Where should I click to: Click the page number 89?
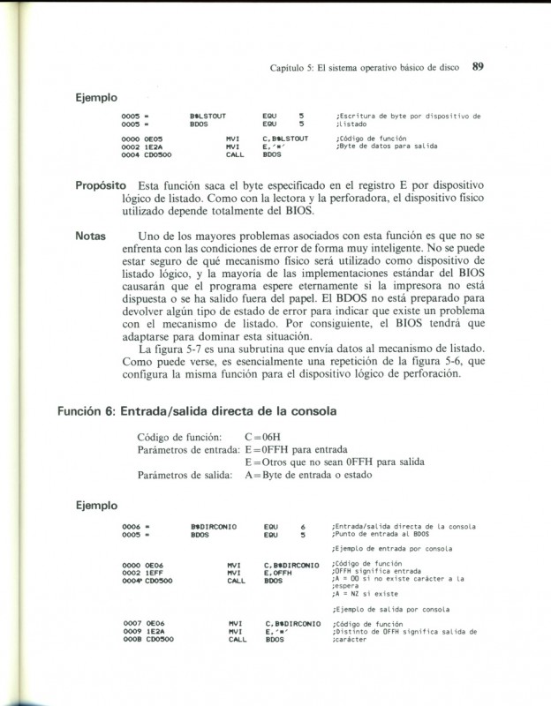pos(481,65)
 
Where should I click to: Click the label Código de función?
pos(184,437)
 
